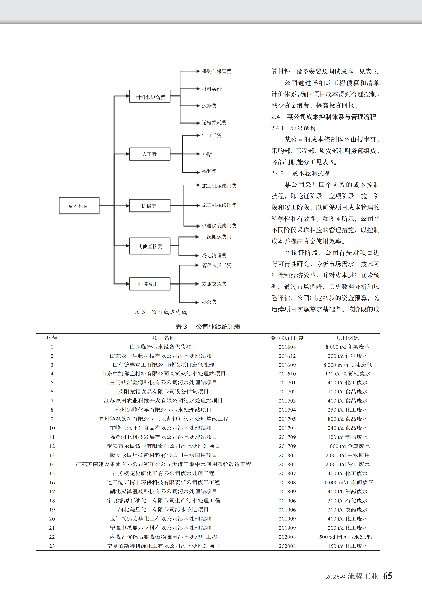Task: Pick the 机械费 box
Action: (150, 206)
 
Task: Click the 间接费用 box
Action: (150, 284)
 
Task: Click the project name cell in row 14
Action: (163, 464)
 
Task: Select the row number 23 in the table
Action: (52, 546)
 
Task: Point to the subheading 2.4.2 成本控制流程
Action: (300, 173)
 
